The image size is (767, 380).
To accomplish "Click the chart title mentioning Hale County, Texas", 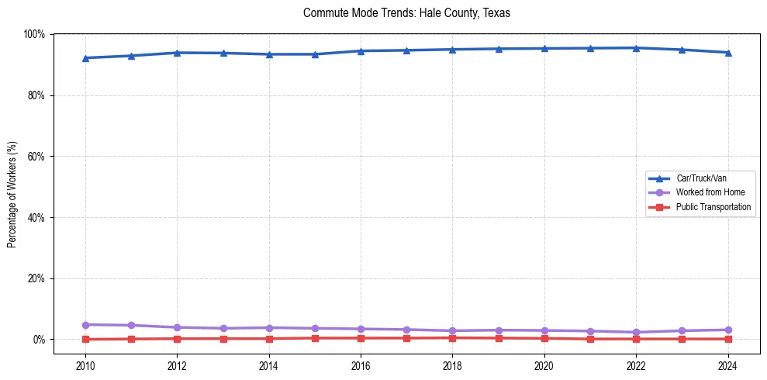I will (406, 13).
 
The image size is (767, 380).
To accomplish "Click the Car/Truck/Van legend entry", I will (701, 178).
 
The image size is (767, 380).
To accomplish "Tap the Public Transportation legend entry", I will (713, 207).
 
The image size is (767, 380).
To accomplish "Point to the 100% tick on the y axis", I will (34, 34).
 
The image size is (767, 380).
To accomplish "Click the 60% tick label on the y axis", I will (36, 157).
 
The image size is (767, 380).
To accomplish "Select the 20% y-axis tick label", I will (36, 278).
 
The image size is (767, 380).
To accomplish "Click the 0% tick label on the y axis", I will (38, 340).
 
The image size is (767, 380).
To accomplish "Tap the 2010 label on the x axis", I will (85, 365).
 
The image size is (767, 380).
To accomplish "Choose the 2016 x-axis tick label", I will (361, 365).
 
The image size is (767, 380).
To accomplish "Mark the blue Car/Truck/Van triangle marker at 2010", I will (85, 58).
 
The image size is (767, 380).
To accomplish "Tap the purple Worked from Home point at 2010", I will (85, 325).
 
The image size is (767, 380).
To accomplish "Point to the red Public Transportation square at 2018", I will (453, 337).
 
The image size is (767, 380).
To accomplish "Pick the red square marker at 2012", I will (178, 338).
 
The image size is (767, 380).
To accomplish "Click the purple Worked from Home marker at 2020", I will (544, 330).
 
